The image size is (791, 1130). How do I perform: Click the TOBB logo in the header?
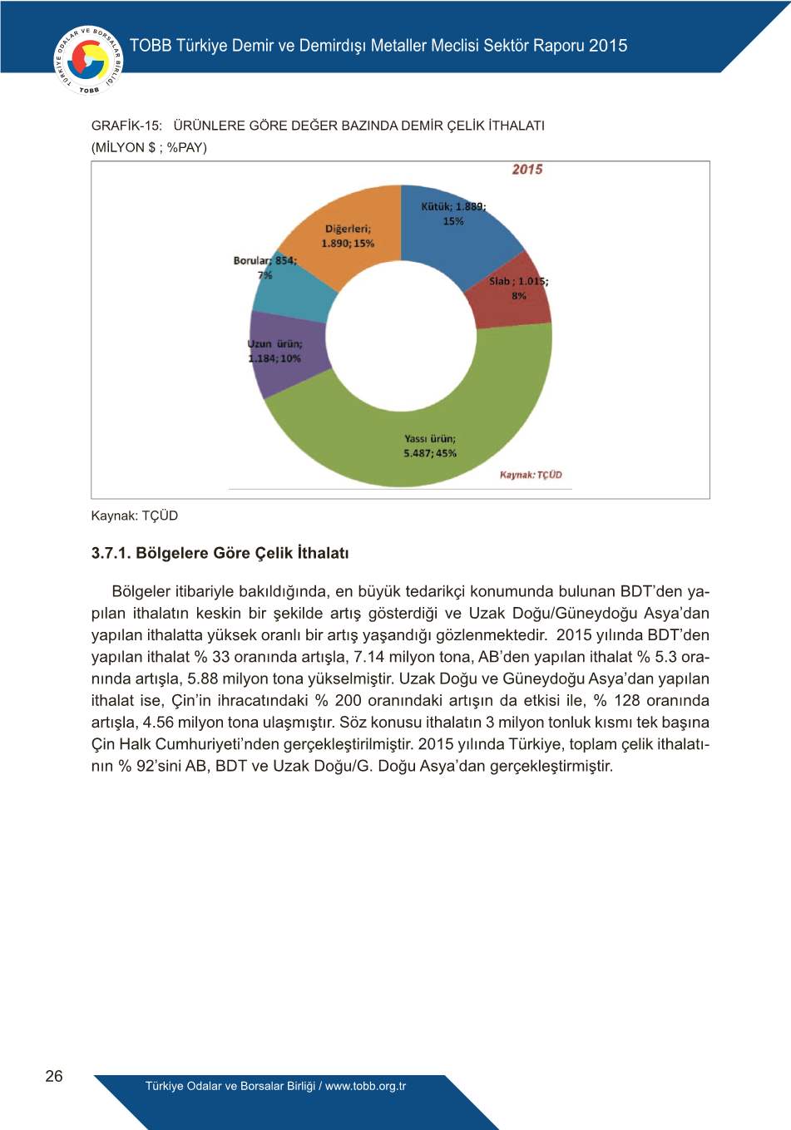87,60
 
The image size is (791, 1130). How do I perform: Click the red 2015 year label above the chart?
527,170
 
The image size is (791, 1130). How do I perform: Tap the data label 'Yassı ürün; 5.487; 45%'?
430,446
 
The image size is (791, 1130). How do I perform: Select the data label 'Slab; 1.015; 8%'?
518,288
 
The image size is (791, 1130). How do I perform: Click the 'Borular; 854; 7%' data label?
264,267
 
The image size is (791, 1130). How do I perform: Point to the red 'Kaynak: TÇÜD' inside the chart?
531,475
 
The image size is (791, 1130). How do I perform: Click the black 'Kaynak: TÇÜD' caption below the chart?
134,516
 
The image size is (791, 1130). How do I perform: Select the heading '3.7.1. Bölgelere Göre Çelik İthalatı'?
220,553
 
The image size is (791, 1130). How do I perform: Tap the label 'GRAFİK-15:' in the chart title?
126,126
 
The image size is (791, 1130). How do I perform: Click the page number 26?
54,1076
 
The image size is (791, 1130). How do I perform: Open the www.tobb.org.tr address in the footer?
365,1086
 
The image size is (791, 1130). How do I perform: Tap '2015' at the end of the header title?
608,46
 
